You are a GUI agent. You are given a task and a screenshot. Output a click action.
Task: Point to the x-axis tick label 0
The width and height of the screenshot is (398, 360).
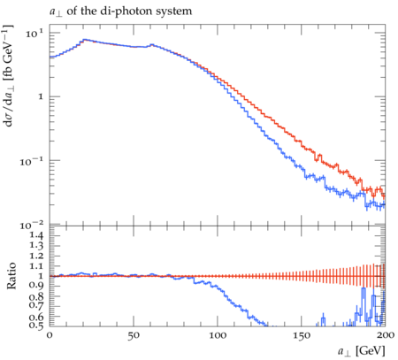[x=50, y=335]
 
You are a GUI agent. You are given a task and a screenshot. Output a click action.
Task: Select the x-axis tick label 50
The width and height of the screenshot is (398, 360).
[x=134, y=335]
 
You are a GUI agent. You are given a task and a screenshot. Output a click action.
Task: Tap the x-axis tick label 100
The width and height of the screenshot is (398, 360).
[x=218, y=335]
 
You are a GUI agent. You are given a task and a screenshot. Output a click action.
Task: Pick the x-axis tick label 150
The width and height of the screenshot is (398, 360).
[x=302, y=335]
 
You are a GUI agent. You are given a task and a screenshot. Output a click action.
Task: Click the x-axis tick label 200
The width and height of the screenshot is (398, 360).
[x=386, y=335]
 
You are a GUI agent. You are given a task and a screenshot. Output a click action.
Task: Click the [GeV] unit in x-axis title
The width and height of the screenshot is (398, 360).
[x=371, y=351]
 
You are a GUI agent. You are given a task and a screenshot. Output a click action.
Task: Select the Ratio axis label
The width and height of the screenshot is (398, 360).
[x=11, y=276]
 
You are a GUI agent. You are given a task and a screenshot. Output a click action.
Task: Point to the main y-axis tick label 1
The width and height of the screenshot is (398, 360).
[x=41, y=96]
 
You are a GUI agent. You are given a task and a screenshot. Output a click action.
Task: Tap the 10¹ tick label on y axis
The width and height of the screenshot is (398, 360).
[x=34, y=34]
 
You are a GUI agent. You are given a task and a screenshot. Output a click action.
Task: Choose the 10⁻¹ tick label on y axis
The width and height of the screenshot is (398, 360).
[x=32, y=161]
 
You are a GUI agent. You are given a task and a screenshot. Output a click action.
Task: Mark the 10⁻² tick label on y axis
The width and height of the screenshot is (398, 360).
[x=32, y=226]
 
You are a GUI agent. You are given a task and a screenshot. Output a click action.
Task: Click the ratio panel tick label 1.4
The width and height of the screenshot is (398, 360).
[x=36, y=235]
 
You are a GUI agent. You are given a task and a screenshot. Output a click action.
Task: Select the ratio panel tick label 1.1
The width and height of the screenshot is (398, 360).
[x=36, y=266]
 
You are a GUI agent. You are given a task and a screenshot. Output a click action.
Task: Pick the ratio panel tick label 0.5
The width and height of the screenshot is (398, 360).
[x=36, y=326]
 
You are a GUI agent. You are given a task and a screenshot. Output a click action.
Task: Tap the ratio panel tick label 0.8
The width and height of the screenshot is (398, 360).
[x=36, y=296]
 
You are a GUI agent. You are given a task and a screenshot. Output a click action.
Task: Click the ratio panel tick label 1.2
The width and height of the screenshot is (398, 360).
[x=36, y=256]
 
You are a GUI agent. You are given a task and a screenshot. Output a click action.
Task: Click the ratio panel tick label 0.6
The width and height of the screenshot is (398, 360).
[x=36, y=317]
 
